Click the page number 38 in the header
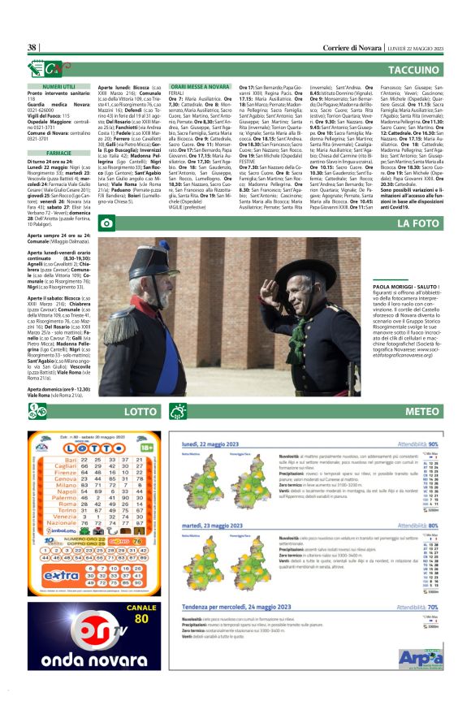point(32,48)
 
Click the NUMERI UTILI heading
point(59,85)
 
